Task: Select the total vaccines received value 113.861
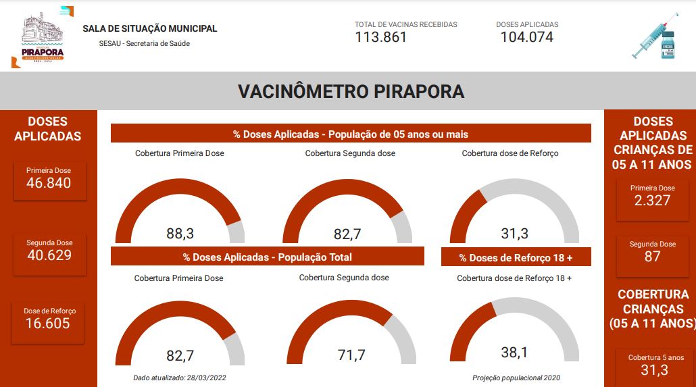(x=381, y=37)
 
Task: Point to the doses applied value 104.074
(x=526, y=37)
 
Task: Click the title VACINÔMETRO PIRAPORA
(x=351, y=92)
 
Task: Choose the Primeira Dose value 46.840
(x=49, y=183)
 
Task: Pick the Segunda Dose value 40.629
(x=49, y=255)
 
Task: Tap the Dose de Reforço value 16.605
(x=48, y=324)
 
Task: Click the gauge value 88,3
(x=180, y=234)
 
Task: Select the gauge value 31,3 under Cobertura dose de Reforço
(x=514, y=234)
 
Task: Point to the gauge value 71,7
(x=351, y=355)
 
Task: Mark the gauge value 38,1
(x=514, y=352)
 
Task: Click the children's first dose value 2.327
(x=652, y=201)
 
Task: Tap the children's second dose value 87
(x=652, y=257)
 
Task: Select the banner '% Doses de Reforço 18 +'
(x=516, y=257)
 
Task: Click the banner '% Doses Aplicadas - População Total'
(x=267, y=257)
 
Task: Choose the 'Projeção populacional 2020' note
(x=516, y=378)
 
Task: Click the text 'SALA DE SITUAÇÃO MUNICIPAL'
(x=149, y=29)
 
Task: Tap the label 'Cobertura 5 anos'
(x=655, y=358)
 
